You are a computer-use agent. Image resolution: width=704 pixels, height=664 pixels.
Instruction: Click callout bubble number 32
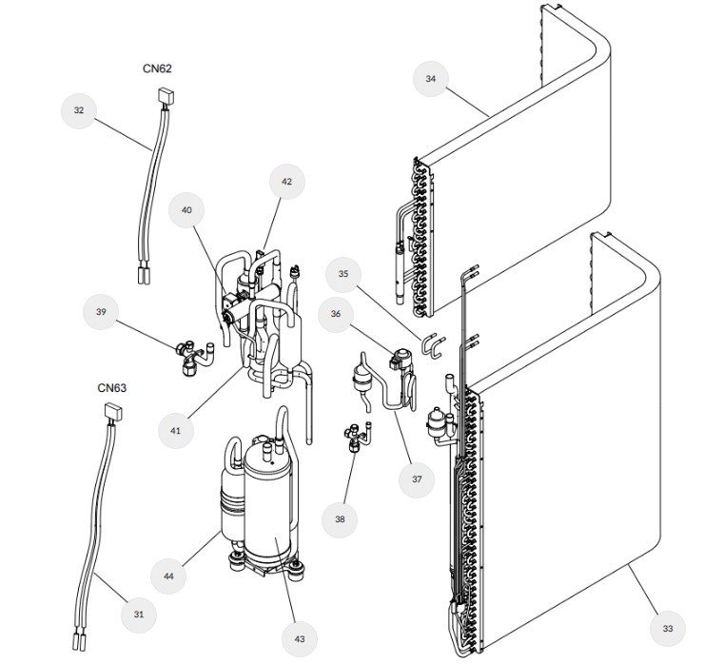click(x=79, y=110)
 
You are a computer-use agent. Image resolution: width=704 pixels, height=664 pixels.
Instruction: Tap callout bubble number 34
click(x=432, y=79)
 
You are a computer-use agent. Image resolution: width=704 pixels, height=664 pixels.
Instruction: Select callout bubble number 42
click(x=286, y=181)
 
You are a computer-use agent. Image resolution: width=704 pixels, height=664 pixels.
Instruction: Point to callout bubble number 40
click(x=186, y=210)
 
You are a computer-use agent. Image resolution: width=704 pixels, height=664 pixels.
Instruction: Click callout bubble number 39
click(x=101, y=311)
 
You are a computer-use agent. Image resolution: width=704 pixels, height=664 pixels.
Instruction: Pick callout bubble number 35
click(x=343, y=275)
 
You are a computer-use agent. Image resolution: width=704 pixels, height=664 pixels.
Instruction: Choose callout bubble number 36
click(x=335, y=313)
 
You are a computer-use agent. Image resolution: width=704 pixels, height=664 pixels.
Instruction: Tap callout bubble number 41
click(x=175, y=430)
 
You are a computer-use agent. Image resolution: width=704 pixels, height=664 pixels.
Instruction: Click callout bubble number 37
click(x=416, y=479)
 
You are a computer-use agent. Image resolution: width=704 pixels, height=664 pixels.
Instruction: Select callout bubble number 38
click(x=340, y=519)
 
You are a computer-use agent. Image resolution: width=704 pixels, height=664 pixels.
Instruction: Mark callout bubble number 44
click(x=167, y=575)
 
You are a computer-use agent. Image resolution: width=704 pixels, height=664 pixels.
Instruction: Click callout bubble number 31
click(x=139, y=615)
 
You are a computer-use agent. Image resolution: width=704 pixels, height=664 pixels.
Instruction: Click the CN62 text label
click(x=158, y=69)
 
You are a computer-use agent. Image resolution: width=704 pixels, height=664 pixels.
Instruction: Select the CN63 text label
click(x=112, y=388)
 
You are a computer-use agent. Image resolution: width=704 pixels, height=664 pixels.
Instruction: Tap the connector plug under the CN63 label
click(x=113, y=411)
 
